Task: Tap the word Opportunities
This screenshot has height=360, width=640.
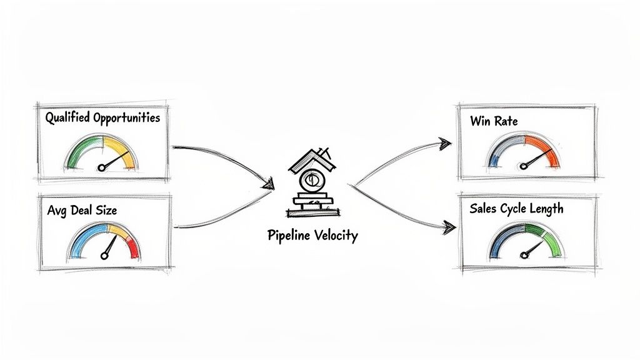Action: tap(126, 117)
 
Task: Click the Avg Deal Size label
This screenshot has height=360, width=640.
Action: tap(82, 211)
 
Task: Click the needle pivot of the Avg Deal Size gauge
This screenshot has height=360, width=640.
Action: tap(104, 255)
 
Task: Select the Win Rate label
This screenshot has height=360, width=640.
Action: tap(494, 121)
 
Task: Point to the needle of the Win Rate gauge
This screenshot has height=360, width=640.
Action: tap(535, 159)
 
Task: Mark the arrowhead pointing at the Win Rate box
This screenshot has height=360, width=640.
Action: tap(445, 143)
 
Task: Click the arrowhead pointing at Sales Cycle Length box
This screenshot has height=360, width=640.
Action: tap(447, 227)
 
